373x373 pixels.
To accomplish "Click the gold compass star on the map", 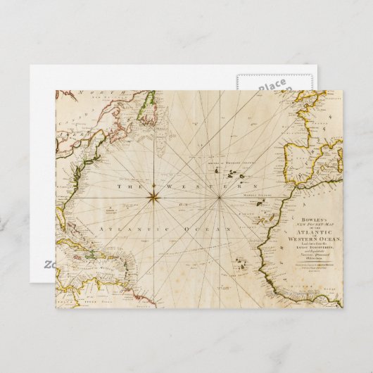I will point(152,198).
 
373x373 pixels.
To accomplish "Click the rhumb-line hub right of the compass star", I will point(219,198).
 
